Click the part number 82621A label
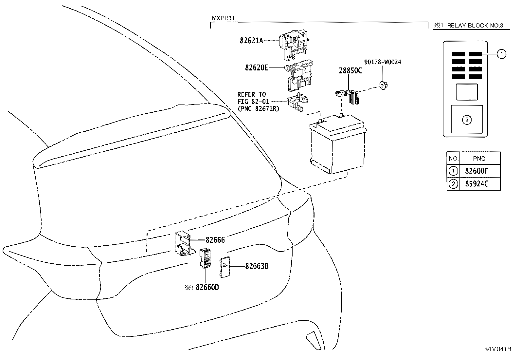click(251, 41)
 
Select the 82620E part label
click(256, 68)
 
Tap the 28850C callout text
click(350, 71)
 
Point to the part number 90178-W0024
click(383, 62)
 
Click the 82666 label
click(215, 240)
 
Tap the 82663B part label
click(257, 266)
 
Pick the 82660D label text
click(207, 288)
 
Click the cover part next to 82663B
click(225, 267)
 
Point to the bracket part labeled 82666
click(182, 244)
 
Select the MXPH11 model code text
click(223, 18)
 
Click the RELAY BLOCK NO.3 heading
click(475, 26)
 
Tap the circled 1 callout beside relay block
click(501, 54)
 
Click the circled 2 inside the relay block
click(466, 120)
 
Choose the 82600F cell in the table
click(476, 171)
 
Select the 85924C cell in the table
click(476, 184)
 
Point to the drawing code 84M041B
click(498, 349)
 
